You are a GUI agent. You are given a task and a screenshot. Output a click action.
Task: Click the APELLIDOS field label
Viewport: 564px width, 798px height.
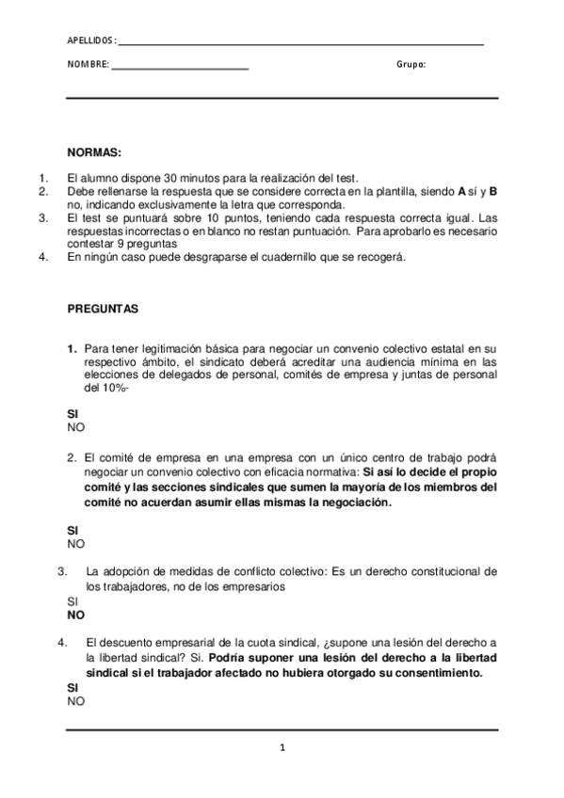tap(91, 41)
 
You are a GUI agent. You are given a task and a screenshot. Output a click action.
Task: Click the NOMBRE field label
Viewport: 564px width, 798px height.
tap(88, 65)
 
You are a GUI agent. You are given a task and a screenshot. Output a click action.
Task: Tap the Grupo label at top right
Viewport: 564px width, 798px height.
tap(411, 65)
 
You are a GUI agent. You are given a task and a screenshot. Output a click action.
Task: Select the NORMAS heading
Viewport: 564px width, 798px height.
tap(94, 152)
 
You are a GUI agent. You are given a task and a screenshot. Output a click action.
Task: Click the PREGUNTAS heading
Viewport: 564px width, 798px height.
tap(103, 308)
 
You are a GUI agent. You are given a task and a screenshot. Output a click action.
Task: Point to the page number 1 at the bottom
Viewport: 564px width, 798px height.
tap(282, 748)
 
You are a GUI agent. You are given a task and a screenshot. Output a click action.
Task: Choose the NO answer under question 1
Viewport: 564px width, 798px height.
tap(75, 427)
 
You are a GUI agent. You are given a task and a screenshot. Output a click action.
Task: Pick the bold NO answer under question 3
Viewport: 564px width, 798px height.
tap(75, 614)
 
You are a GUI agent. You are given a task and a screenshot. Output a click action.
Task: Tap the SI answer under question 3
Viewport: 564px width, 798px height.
tap(73, 600)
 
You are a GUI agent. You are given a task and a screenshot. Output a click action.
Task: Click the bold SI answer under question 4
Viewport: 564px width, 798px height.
tap(73, 688)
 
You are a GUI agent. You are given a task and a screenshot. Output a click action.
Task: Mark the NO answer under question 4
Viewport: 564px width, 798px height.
tap(75, 701)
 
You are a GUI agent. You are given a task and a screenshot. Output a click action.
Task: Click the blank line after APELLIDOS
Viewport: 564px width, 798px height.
tap(301, 44)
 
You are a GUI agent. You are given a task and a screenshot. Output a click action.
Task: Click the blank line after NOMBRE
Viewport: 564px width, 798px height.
tap(180, 68)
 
